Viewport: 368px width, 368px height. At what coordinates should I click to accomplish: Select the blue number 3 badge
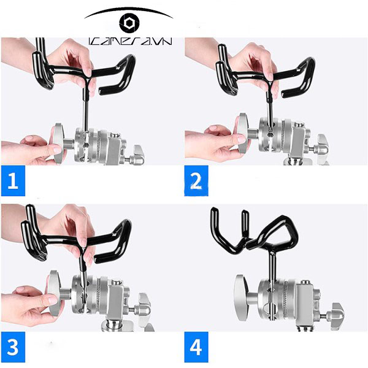(13, 347)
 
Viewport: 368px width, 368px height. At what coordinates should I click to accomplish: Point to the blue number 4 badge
(195, 347)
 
